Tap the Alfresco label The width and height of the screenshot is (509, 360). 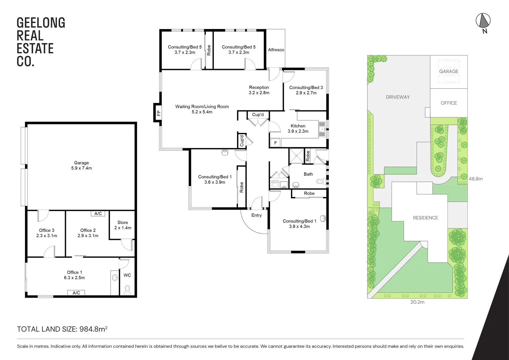point(276,50)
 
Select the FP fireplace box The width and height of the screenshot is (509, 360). point(158,113)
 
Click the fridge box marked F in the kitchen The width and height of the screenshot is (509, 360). point(275,143)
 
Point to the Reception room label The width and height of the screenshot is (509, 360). point(259,90)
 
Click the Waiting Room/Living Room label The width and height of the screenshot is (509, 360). point(202,109)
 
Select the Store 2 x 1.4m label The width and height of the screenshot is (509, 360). point(123,225)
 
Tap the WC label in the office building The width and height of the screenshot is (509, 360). point(127,275)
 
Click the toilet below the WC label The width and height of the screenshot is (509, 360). point(127,289)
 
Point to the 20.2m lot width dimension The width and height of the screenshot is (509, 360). point(417,302)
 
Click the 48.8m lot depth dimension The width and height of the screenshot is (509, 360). point(476,179)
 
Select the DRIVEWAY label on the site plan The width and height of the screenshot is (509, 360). point(398,97)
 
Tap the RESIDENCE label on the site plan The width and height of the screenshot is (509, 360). point(425,218)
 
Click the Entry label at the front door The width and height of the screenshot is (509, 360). point(256,215)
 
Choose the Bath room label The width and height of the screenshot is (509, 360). point(308,174)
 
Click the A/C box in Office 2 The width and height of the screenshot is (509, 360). point(98,214)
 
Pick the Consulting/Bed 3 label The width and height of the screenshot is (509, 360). point(306,90)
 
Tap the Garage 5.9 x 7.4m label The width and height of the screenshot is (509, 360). point(81,165)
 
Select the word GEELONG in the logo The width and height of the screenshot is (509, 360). point(41,23)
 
